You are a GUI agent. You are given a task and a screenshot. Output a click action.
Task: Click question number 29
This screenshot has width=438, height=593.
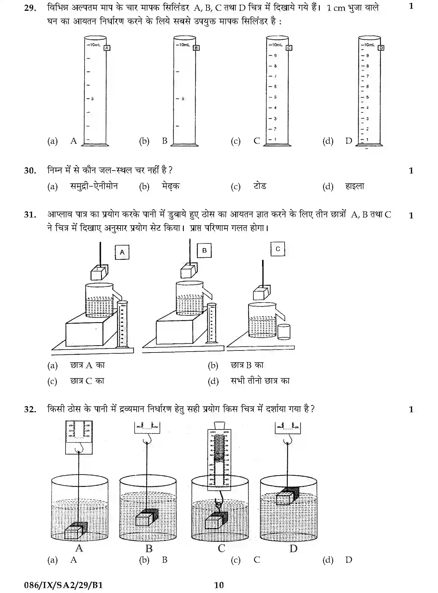pyautogui.click(x=30, y=8)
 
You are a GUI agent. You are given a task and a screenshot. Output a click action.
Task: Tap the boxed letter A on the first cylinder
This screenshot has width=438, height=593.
pyautogui.click(x=107, y=48)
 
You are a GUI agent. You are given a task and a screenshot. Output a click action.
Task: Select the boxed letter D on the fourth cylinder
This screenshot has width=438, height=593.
pyautogui.click(x=381, y=48)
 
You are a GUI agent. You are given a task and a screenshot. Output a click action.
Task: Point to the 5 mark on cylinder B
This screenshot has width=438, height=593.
pyautogui.click(x=183, y=99)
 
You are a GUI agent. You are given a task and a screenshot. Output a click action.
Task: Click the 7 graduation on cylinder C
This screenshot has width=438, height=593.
pyautogui.click(x=275, y=76)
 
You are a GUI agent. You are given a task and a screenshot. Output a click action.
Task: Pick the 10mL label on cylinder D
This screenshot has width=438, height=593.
pyautogui.click(x=369, y=45)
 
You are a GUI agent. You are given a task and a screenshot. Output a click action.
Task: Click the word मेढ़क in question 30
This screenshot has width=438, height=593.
pyautogui.click(x=171, y=186)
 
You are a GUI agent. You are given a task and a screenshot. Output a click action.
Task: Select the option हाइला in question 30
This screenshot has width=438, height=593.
pyautogui.click(x=354, y=186)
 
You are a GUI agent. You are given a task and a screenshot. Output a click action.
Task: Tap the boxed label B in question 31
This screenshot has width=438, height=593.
pyautogui.click(x=204, y=250)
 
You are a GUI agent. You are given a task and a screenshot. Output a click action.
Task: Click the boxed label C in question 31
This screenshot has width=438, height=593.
pyautogui.click(x=278, y=249)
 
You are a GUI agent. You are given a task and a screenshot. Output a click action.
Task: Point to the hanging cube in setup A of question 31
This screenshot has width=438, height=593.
pyautogui.click(x=99, y=273)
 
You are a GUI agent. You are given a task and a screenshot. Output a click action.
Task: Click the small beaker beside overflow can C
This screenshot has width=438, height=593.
pyautogui.click(x=284, y=332)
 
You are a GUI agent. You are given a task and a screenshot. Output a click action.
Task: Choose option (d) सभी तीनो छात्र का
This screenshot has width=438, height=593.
pyautogui.click(x=260, y=381)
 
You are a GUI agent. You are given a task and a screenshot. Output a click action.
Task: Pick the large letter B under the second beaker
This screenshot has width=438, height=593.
pyautogui.click(x=149, y=548)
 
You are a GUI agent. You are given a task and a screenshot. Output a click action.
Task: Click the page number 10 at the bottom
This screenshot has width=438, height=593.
pyautogui.click(x=219, y=585)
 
